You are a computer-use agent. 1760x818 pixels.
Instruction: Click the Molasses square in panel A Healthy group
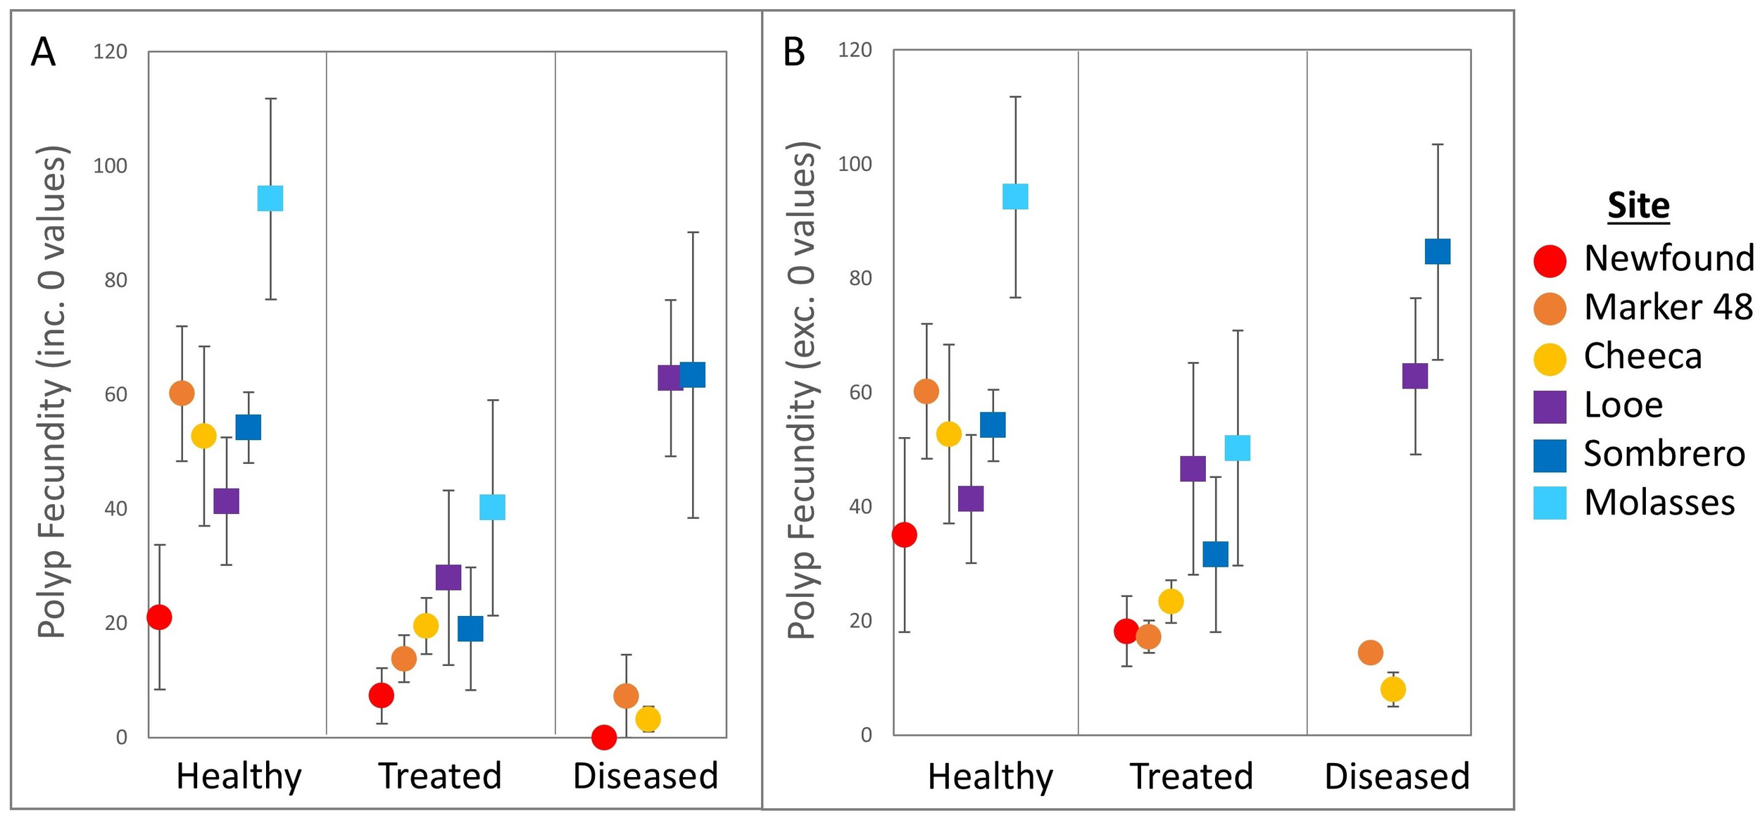pos(270,199)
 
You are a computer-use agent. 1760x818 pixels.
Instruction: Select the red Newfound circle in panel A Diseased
pos(604,737)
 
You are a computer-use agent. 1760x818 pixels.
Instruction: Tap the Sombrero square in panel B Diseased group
pos(1438,251)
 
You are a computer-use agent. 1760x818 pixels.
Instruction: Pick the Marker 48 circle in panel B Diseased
pos(1370,653)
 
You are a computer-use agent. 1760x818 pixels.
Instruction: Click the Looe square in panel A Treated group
pos(448,577)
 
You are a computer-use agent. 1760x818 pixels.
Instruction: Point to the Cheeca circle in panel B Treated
pos(1171,601)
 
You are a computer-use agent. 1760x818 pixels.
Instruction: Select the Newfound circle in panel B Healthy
pos(904,535)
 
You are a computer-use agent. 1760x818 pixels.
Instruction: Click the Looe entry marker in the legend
pos(1550,407)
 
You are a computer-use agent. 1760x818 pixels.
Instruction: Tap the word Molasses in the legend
pos(1659,503)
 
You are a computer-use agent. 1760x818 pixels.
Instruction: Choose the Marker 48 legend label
pos(1668,307)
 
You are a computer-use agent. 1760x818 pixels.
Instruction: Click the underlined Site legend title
pos(1638,206)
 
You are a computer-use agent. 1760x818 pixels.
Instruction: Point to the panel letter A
pos(43,52)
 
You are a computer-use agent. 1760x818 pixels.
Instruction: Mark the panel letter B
pos(794,52)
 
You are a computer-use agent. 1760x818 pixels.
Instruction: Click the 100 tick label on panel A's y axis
pos(110,166)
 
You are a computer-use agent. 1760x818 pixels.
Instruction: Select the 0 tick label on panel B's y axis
pos(866,735)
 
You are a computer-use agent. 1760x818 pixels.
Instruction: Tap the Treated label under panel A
pos(440,776)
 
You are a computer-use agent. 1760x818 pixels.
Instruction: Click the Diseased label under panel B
pos(1397,777)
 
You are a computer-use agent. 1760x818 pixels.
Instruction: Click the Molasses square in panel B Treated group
pos(1238,448)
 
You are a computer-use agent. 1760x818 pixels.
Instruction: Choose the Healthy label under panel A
pos(239,776)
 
